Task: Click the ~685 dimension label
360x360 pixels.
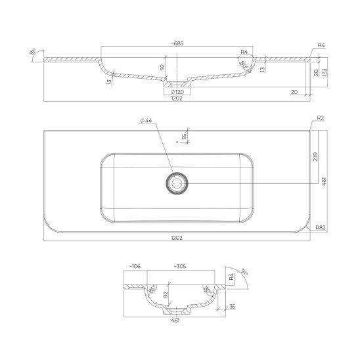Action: coord(177,43)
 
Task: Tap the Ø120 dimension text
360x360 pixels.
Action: coord(177,92)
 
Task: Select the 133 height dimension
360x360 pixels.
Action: coord(325,72)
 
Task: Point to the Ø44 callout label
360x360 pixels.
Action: coord(146,120)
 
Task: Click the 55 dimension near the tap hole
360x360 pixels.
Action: coord(184,137)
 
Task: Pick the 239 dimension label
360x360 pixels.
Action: coord(315,156)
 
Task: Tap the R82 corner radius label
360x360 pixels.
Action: coord(321,227)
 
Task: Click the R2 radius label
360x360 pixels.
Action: coord(321,118)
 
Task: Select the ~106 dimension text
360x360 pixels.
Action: coord(135,266)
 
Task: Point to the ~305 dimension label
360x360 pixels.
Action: coord(180,266)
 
